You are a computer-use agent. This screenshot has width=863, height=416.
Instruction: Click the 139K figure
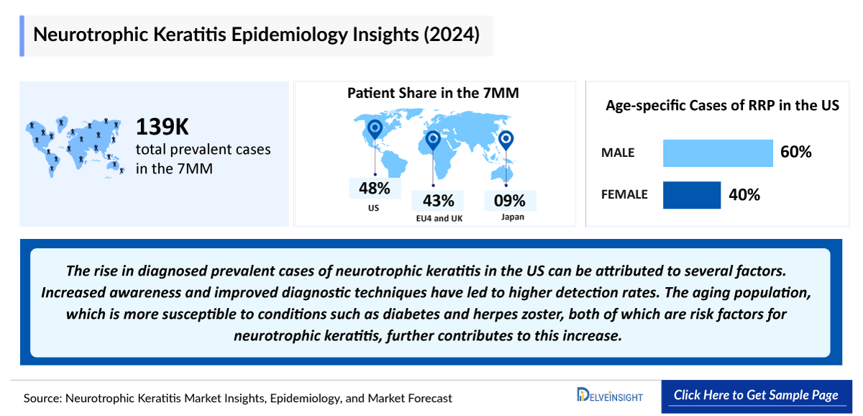pos(163,127)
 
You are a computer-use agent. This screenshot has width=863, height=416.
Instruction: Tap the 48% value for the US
pos(375,189)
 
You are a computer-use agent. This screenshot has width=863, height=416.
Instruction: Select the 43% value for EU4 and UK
pos(438,200)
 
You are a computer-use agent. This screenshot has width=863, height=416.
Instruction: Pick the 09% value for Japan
pos(509,200)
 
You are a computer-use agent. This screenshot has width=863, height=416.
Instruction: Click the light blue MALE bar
pos(717,153)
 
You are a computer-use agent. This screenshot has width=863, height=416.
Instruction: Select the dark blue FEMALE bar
pos(691,194)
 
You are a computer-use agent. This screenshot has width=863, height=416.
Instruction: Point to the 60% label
pos(795,153)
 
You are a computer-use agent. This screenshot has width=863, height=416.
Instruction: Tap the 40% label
pos(744,194)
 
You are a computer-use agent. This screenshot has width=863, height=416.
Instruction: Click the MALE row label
pos(618,153)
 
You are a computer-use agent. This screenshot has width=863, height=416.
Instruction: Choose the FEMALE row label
pos(624,194)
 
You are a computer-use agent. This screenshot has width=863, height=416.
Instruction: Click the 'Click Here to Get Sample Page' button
pos(756,395)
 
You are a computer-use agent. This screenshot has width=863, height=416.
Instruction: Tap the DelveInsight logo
pos(609,395)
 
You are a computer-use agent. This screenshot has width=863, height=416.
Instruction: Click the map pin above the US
pos(374,130)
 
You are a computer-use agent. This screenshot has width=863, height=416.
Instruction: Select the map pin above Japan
pos(506,139)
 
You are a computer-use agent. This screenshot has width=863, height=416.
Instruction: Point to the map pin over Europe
pos(433,139)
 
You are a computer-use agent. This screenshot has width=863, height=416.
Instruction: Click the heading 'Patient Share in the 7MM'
pos(433,93)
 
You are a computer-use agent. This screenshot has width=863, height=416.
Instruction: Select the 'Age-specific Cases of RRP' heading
pos(722,105)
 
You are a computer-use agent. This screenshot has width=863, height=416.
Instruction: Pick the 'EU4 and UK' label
pos(437,218)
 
